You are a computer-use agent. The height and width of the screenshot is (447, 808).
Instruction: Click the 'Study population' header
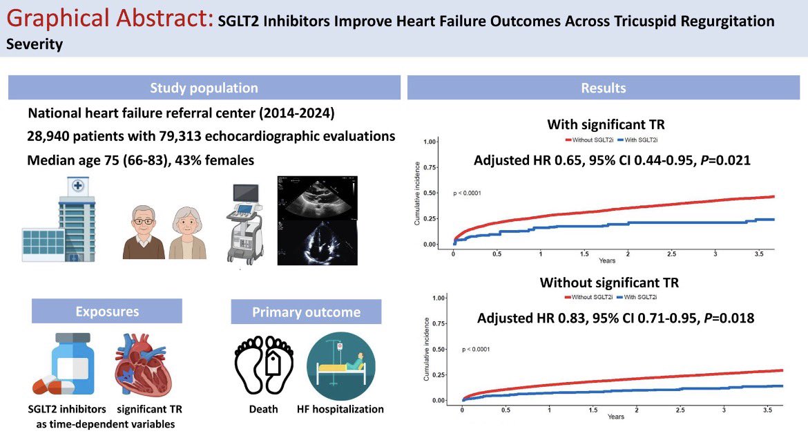pos(204,88)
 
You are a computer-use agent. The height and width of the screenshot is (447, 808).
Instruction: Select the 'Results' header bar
pos(604,88)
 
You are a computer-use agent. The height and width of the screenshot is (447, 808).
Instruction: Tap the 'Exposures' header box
pos(107,311)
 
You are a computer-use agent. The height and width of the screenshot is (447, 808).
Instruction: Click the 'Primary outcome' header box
pos(306,312)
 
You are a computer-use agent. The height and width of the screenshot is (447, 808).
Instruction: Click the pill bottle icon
pos(70,364)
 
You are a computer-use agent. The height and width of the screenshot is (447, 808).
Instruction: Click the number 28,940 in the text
pos(51,136)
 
